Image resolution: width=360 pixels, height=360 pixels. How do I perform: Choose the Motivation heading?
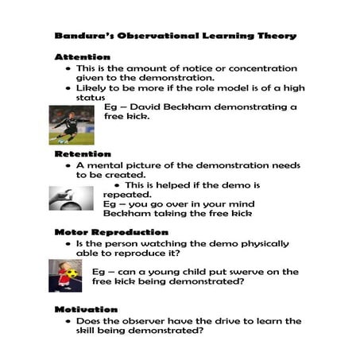click(86, 309)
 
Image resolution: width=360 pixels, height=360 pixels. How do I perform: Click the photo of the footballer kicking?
click(72, 126)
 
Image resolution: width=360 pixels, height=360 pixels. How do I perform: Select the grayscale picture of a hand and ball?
click(71, 198)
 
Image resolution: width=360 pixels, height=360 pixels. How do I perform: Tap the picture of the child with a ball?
click(64, 275)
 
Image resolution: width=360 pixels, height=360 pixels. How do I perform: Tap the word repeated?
click(127, 194)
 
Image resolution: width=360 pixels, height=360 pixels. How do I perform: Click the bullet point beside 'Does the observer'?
click(69, 322)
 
